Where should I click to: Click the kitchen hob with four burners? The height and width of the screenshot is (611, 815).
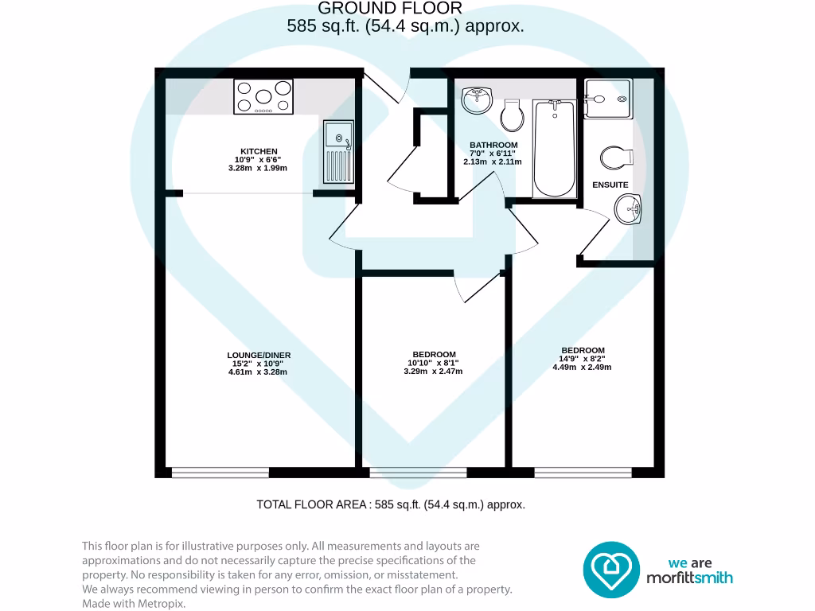[264, 96]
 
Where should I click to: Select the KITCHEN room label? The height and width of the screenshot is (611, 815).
[259, 151]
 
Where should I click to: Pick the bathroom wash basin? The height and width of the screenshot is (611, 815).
[478, 99]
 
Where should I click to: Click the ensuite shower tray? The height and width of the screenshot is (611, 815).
[608, 98]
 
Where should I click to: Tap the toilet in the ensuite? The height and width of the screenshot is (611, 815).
[616, 158]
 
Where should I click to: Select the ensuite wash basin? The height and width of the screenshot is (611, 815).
[628, 212]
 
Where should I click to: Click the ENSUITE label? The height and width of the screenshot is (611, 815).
[610, 185]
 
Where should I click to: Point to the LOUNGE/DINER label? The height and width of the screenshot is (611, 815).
[259, 355]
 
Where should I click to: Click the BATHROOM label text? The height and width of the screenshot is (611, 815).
[493, 145]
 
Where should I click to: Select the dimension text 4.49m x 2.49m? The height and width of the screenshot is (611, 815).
[583, 367]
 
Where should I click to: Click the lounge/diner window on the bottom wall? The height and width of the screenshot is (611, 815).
[220, 473]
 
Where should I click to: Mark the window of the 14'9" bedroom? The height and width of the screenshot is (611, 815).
[583, 473]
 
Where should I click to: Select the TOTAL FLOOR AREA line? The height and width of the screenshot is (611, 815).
[391, 504]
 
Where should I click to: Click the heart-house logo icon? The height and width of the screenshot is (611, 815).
[612, 570]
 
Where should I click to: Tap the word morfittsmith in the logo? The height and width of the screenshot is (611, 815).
[689, 578]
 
